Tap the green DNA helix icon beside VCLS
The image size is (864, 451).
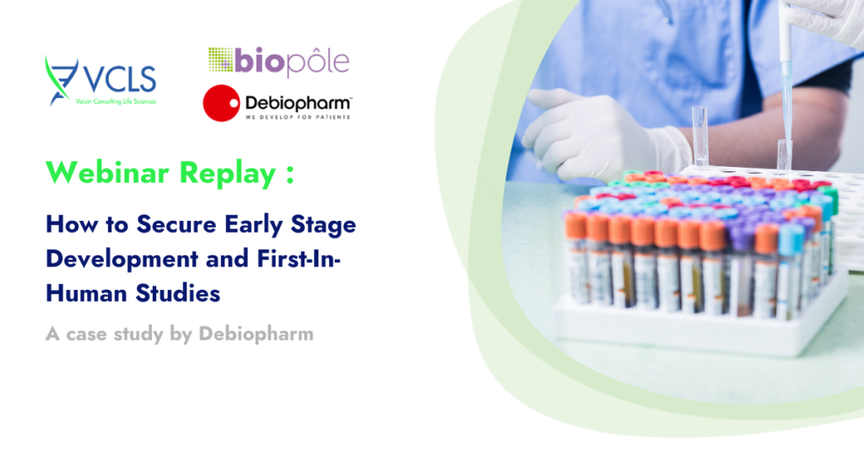tap(61, 80)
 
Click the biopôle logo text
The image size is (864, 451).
tap(292, 62)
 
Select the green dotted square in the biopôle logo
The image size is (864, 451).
tap(220, 60)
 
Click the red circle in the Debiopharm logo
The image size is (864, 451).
tap(222, 103)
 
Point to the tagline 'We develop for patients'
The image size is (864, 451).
tap(298, 116)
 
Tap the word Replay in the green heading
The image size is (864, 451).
tap(228, 174)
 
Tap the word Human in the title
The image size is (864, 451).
tap(87, 293)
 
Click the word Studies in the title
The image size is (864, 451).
tap(178, 293)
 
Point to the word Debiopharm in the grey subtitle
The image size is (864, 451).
tap(256, 335)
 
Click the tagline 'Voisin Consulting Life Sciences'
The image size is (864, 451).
tap(116, 101)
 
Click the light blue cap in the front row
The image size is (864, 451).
tap(791, 239)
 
